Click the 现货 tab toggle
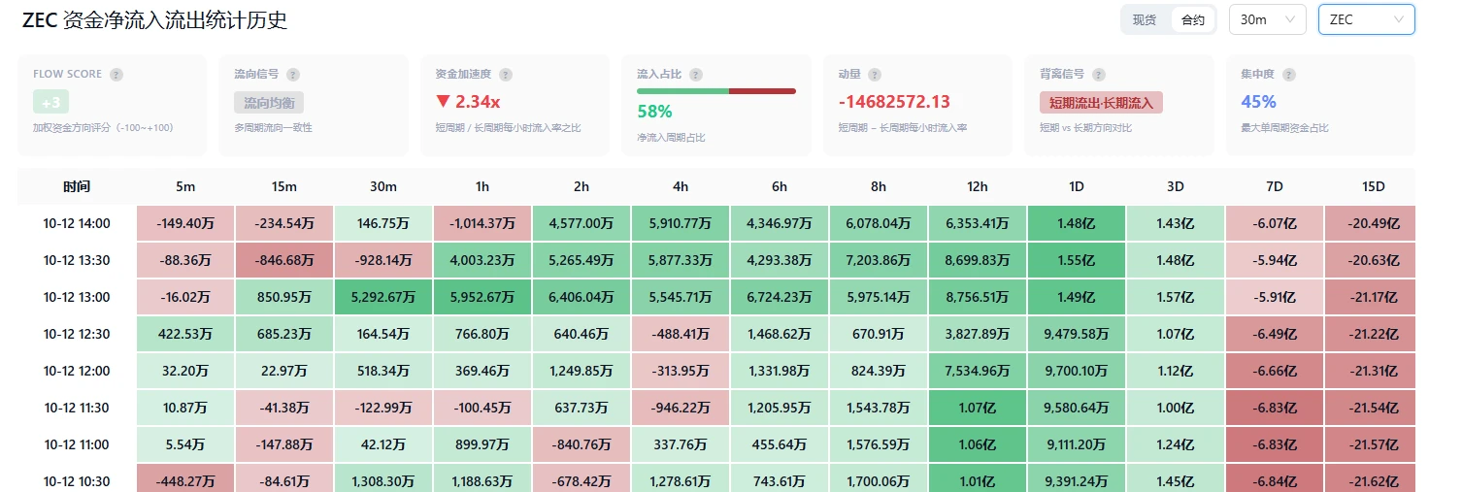tap(1145, 20)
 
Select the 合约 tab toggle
tap(1192, 20)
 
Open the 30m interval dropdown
tap(1268, 19)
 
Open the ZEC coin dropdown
tap(1366, 19)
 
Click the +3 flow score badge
tap(50, 102)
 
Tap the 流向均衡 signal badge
tap(269, 103)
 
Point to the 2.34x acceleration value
tap(468, 102)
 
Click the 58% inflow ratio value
tap(654, 112)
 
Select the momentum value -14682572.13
tap(894, 102)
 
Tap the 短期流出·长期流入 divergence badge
tap(1101, 103)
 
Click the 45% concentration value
tap(1258, 102)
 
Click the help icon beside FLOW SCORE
tap(116, 75)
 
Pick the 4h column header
tap(681, 186)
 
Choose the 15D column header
tap(1374, 186)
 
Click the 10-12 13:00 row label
tap(77, 297)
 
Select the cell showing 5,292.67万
tap(383, 297)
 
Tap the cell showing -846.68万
tap(283, 260)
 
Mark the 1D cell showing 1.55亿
tap(1077, 260)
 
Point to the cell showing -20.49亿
tap(1374, 223)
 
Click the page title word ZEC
tap(40, 20)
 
